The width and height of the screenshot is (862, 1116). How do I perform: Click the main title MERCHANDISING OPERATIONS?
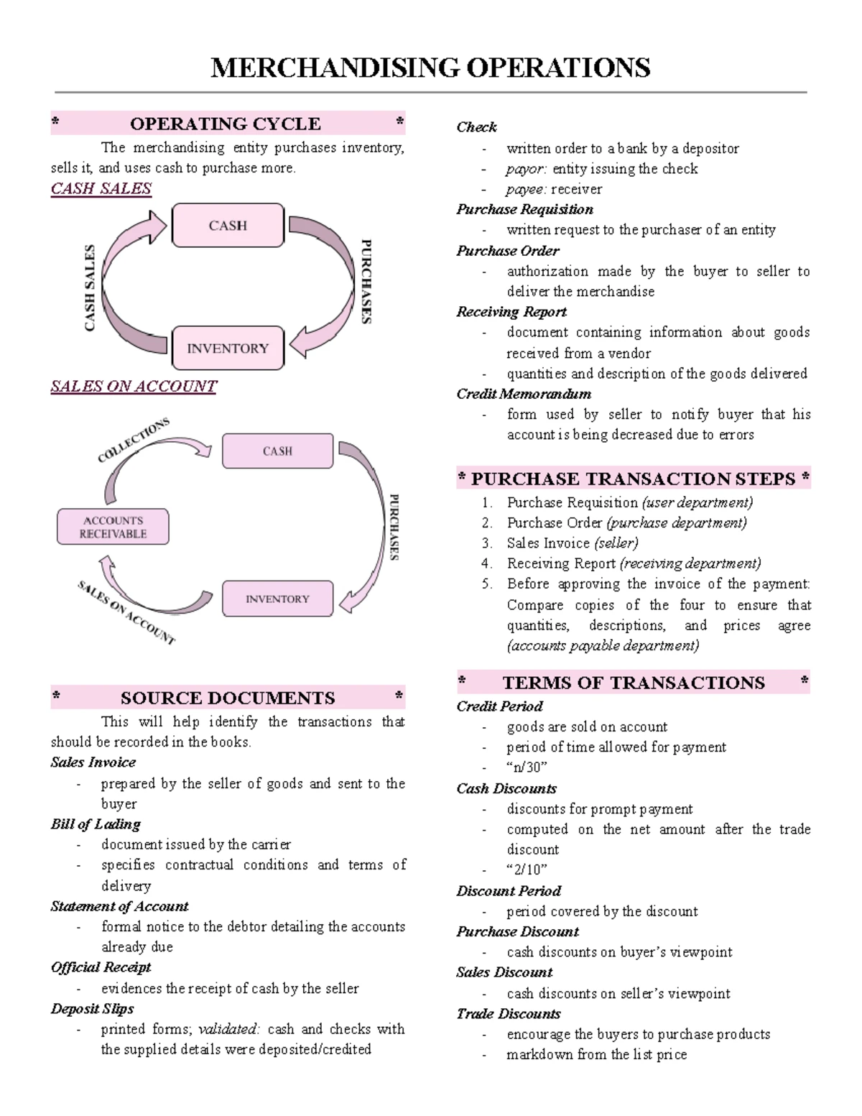click(x=430, y=68)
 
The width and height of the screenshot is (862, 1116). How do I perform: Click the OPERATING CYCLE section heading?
click(x=226, y=124)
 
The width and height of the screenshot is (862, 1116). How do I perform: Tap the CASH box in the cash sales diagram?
click(x=228, y=226)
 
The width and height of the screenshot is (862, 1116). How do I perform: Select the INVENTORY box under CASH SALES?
click(x=228, y=349)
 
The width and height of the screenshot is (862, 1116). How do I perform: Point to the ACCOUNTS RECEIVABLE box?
click(x=113, y=527)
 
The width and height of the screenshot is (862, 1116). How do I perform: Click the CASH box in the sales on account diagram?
click(x=277, y=451)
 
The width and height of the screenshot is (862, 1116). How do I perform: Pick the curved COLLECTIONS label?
click(x=134, y=440)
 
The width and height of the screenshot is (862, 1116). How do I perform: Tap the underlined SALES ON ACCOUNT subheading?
click(x=134, y=387)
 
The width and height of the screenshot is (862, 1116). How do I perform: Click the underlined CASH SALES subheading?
click(x=101, y=189)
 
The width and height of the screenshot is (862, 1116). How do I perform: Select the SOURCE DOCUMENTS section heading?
click(x=228, y=698)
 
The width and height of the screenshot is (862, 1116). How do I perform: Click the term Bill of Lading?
click(x=96, y=824)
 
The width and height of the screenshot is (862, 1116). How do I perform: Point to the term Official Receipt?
click(x=101, y=967)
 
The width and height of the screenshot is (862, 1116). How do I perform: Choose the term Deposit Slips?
click(x=92, y=1009)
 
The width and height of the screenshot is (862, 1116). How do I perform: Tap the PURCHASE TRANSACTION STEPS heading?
click(x=633, y=479)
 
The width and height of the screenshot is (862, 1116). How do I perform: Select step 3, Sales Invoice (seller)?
click(x=572, y=543)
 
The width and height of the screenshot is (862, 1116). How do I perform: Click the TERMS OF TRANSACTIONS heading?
click(x=633, y=683)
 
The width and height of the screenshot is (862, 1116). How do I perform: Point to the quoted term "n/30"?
click(x=527, y=767)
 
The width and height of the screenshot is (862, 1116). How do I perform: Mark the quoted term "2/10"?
click(x=527, y=870)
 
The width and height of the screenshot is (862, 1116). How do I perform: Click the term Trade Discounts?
click(x=509, y=1014)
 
